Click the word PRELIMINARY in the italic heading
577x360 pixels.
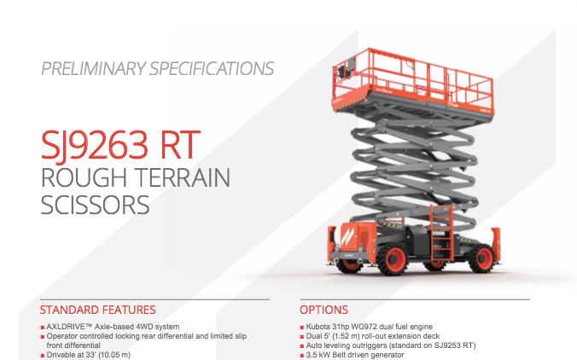(x=94, y=69)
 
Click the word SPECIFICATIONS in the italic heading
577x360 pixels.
(x=212, y=69)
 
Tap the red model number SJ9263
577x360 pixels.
(x=95, y=145)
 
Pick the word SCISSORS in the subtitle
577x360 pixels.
(x=95, y=205)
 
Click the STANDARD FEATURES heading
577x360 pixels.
(x=98, y=310)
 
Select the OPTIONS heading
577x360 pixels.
(x=323, y=310)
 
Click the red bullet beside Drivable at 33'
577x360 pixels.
(x=43, y=356)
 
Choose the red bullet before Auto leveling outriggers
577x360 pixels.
(x=302, y=346)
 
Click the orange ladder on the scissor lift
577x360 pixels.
(x=441, y=234)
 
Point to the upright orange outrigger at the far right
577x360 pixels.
(x=496, y=245)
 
